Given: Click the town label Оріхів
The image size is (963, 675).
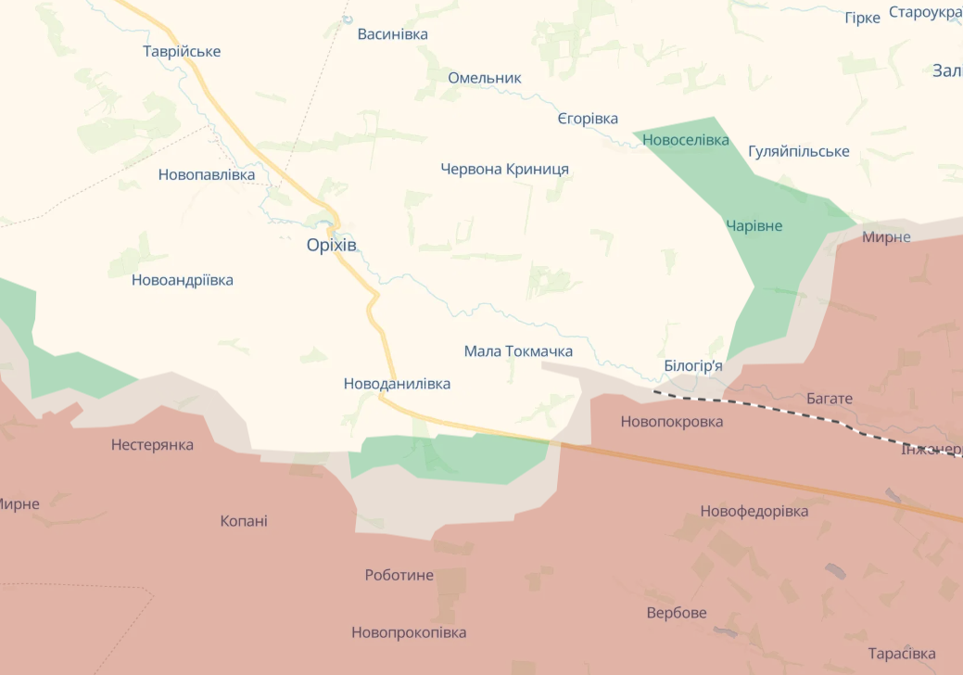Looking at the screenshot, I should click(331, 246).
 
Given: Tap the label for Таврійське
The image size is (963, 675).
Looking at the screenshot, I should click(182, 51).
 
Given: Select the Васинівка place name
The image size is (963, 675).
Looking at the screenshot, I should click(393, 34).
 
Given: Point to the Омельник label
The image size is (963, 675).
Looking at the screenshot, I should click(485, 78).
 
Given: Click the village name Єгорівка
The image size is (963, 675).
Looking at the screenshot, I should click(588, 119).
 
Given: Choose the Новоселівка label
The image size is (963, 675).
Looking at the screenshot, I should click(685, 140).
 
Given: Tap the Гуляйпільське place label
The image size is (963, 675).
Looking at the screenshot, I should click(798, 151).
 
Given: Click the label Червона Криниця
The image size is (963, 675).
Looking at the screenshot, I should click(505, 169).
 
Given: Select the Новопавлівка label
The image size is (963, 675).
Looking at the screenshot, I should click(207, 174).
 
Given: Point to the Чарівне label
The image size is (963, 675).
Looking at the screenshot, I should click(754, 226).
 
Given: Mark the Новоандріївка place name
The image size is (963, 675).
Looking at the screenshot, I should click(183, 280).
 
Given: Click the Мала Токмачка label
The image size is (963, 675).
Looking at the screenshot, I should click(518, 351).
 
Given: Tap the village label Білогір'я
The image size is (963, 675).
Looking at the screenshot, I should click(693, 366).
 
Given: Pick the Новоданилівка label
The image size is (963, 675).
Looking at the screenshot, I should click(398, 383).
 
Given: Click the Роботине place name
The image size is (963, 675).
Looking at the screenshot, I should click(399, 575).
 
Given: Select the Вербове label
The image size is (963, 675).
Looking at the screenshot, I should click(677, 613).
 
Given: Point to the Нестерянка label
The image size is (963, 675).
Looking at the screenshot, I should click(153, 445).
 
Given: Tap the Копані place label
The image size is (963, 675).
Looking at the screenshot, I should click(244, 521).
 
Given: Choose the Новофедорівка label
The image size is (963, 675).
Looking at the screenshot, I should click(754, 511).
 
